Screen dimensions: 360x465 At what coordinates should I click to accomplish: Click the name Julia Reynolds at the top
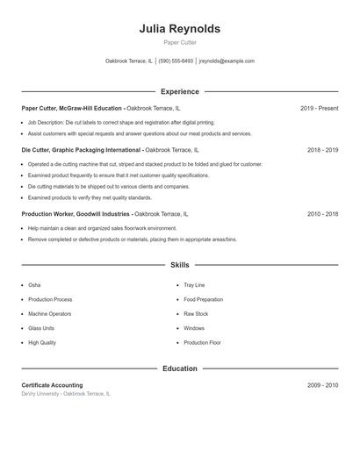179,29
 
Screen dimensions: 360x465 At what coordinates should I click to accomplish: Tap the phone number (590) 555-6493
176,61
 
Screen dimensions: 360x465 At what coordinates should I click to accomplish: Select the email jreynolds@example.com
227,61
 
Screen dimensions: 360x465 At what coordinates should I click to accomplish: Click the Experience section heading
179,91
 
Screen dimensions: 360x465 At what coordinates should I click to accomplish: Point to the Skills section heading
179,264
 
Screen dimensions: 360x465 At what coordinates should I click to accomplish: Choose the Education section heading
179,368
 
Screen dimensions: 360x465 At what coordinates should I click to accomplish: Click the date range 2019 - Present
319,108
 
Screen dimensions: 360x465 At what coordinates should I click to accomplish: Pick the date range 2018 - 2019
322,150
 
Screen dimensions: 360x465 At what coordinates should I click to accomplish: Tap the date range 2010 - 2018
322,214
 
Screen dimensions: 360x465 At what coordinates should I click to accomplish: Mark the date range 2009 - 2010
322,385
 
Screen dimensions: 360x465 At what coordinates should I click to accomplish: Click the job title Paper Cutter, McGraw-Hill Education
72,108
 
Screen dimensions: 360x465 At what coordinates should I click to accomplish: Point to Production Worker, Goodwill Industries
76,214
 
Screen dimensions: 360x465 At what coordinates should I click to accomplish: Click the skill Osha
34,285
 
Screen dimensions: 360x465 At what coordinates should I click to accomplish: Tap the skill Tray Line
194,285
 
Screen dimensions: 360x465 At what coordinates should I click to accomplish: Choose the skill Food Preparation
203,299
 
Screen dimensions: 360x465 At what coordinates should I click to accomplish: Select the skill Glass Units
40,328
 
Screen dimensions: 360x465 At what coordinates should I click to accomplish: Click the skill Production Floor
202,342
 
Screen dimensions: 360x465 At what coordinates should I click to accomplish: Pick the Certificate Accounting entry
52,385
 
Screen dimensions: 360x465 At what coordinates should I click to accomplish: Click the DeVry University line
66,394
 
